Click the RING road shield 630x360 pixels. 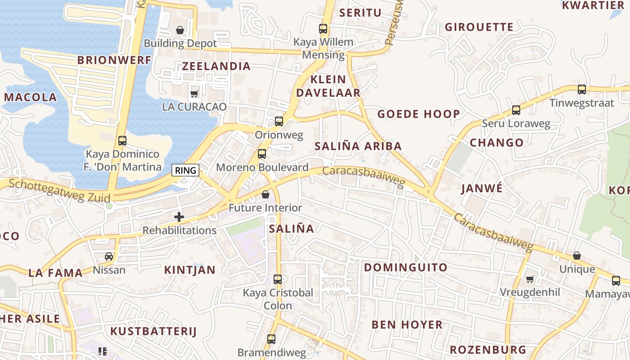coord(186,170)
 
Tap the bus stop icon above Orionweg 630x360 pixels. coord(279,121)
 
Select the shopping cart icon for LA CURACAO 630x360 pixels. coord(194,94)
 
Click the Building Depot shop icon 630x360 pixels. coord(180,30)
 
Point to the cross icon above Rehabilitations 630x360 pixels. coord(179,217)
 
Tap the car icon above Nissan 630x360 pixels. coord(109,256)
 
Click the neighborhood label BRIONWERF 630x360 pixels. coord(114,60)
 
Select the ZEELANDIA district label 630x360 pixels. coord(216,66)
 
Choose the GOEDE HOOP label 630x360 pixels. coord(418,114)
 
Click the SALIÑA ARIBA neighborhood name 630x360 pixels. coord(358,146)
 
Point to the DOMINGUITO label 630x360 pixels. coord(405,267)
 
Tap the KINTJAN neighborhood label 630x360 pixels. coord(189,270)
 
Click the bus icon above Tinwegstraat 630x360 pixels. coord(581,89)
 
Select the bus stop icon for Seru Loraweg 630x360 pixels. coord(516,110)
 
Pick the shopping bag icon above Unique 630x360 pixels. coord(576,256)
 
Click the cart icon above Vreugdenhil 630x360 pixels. coord(530,279)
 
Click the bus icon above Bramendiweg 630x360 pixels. coord(271,339)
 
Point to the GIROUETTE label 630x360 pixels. coord(479,27)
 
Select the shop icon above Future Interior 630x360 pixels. coord(265,194)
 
